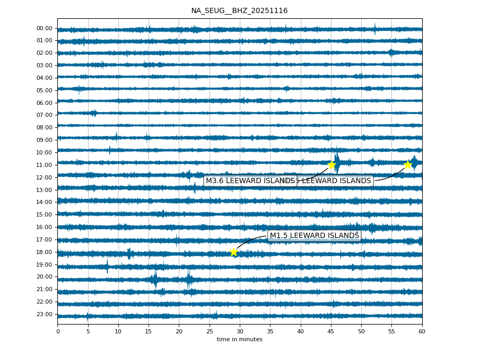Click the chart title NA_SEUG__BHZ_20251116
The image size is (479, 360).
pos(239,10)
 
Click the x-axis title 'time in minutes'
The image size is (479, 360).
pos(239,340)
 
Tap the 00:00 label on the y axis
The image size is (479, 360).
pos(45,29)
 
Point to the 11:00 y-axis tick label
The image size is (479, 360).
pos(45,165)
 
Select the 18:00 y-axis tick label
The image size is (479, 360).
pos(45,252)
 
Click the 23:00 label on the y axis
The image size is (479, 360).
pos(45,314)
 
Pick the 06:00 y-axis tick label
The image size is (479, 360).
pos(45,103)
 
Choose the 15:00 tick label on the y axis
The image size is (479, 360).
pos(45,214)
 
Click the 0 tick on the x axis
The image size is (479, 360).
pos(58,331)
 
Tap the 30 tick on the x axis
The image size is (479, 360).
pos(240,331)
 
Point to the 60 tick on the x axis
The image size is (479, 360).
pos(422,331)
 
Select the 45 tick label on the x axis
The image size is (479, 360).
pos(331,331)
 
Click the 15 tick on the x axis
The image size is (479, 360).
pos(149,331)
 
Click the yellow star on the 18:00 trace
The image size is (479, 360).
pos(234,252)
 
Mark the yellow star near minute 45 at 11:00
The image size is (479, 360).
pos(331,165)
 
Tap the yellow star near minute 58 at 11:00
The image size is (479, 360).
pos(408,165)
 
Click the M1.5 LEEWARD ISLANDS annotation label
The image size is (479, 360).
pos(314,236)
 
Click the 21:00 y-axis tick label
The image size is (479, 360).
pos(45,289)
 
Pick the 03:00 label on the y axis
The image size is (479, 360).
pos(45,65)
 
